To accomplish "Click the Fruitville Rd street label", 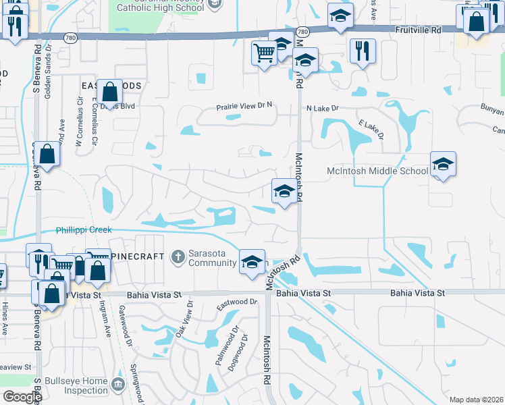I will [x=419, y=30].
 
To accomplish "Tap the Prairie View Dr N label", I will [x=244, y=105].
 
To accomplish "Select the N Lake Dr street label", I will [x=322, y=108].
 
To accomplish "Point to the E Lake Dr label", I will [x=371, y=130].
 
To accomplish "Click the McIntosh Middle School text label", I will [x=377, y=171].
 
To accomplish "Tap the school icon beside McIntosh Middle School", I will [x=443, y=165].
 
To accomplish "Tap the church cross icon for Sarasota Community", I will [x=178, y=256].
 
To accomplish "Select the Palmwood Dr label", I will [x=225, y=346].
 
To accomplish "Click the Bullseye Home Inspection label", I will [x=76, y=385].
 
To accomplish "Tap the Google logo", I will [x=22, y=397].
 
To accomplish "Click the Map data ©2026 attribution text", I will [x=476, y=400].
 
